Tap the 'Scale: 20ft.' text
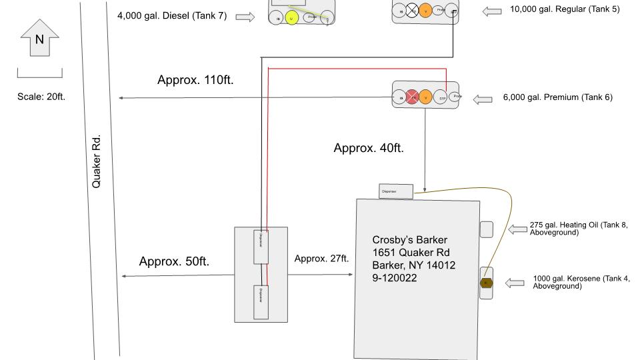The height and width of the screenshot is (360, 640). tap(41, 97)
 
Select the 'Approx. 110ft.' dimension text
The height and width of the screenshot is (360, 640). tap(195, 80)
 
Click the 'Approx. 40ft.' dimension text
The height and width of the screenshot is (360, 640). tap(369, 148)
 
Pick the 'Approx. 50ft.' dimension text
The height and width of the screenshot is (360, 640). tap(174, 261)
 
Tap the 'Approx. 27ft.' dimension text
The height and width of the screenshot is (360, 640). tap(322, 259)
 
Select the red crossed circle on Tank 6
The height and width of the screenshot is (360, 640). tap(413, 98)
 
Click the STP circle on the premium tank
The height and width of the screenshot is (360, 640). tap(442, 98)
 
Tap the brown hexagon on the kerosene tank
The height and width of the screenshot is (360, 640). tap(486, 283)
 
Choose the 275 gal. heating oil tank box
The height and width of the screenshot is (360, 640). tap(487, 229)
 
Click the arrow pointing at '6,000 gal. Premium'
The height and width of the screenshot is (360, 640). tap(483, 99)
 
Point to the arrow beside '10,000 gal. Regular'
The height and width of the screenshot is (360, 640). tap(493, 11)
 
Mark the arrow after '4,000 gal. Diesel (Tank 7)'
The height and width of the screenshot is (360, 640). tap(245, 17)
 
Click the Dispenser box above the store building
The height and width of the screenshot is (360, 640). tap(396, 191)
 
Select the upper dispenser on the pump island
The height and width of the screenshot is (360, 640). tap(261, 248)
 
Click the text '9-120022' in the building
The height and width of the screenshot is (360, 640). tap(395, 278)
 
